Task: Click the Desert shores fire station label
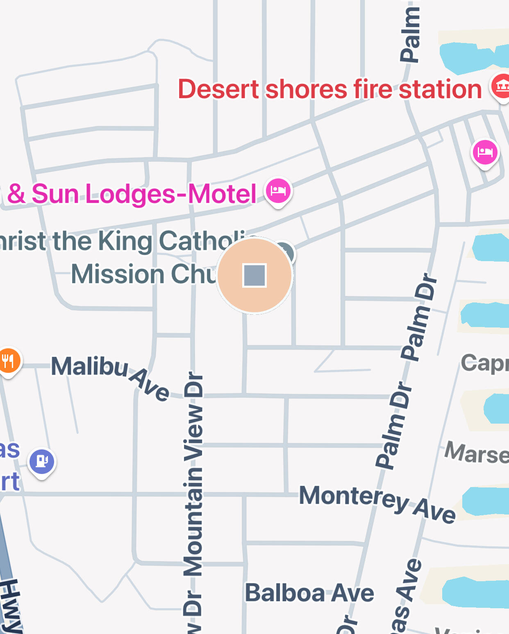[x=329, y=89]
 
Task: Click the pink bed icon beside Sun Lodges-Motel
[x=278, y=191]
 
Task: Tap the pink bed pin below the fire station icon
[x=485, y=152]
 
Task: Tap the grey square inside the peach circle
[x=254, y=275]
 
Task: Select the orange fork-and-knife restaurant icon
[x=8, y=361]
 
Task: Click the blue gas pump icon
[x=42, y=461]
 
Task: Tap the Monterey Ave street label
[x=377, y=503]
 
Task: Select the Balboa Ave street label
[x=309, y=593]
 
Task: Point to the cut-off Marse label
[x=477, y=453]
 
